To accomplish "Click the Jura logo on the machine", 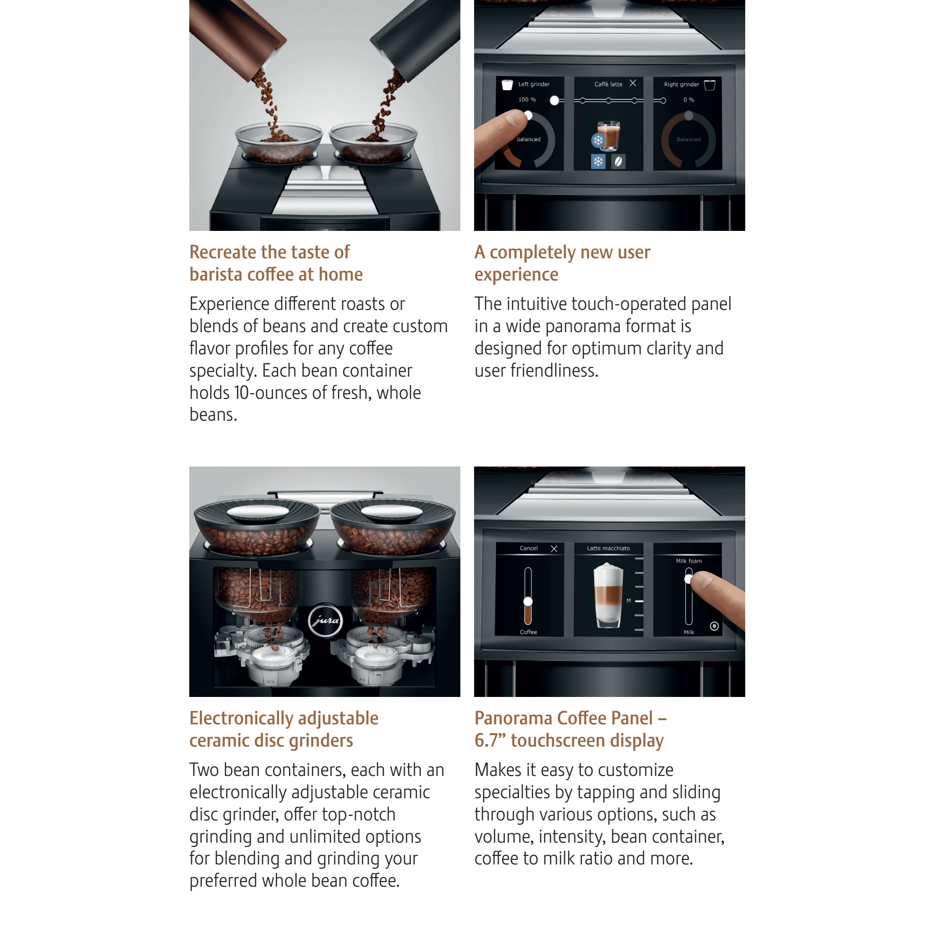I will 326,620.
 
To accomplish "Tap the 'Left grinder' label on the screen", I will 534,84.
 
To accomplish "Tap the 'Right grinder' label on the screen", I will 681,84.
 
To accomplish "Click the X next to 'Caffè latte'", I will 633,83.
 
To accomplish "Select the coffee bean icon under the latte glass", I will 618,161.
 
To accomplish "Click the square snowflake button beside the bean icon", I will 598,161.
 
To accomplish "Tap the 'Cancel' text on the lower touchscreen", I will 529,548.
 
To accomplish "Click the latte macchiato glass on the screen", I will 608,595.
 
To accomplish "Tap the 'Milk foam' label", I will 688,561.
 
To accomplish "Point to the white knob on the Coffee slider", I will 528,601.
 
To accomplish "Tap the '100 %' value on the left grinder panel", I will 527,99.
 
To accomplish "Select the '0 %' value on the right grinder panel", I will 688,99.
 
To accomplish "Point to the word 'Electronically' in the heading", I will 241,718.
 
